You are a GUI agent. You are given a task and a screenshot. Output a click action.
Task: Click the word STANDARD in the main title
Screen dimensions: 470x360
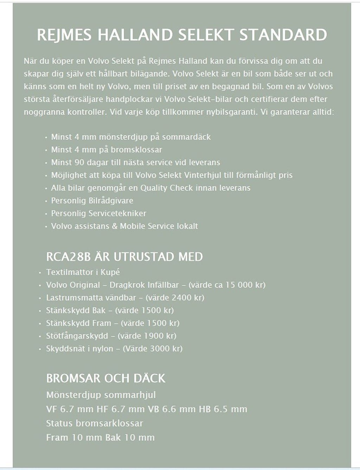[283, 35]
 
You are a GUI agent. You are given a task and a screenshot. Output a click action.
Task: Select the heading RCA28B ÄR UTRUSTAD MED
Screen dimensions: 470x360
[124, 256]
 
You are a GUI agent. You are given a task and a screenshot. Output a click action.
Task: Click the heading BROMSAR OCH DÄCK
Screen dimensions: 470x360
[105, 378]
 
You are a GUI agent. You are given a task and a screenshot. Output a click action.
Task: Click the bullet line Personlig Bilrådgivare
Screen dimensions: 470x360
[92, 201]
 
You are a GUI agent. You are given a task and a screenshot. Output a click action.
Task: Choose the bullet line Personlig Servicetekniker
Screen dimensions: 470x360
[98, 213]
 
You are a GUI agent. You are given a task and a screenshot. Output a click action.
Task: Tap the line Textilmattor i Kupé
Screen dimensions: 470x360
[83, 272]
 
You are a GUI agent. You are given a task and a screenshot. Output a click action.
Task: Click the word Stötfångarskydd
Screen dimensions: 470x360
[77, 336]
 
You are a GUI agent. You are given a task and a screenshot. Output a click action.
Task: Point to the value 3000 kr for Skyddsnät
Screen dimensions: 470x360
[166, 348]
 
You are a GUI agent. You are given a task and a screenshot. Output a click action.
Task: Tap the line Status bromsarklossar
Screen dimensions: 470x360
[95, 423]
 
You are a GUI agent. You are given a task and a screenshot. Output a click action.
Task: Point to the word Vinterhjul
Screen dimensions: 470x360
[202, 175]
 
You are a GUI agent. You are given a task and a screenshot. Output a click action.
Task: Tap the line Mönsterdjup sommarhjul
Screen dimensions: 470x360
[101, 395]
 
